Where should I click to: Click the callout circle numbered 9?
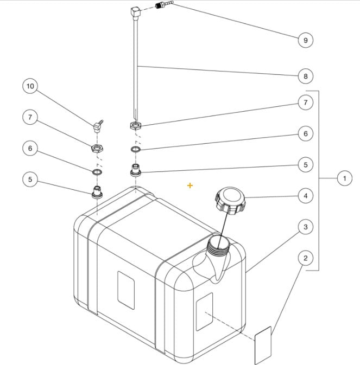[305, 40]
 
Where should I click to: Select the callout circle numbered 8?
[305, 76]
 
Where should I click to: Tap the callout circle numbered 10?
[30, 86]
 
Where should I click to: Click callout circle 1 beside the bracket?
[344, 177]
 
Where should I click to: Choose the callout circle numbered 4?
[305, 195]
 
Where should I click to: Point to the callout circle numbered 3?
[305, 227]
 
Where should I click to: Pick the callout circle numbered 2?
[305, 258]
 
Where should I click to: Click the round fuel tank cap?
[230, 199]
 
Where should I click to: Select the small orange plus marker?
[190, 185]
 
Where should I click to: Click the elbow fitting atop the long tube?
[136, 11]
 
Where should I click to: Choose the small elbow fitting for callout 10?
[98, 127]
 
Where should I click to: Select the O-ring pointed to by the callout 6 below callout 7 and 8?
[136, 149]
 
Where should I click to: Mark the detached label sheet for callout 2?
[263, 345]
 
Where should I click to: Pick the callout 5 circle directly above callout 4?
[305, 164]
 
